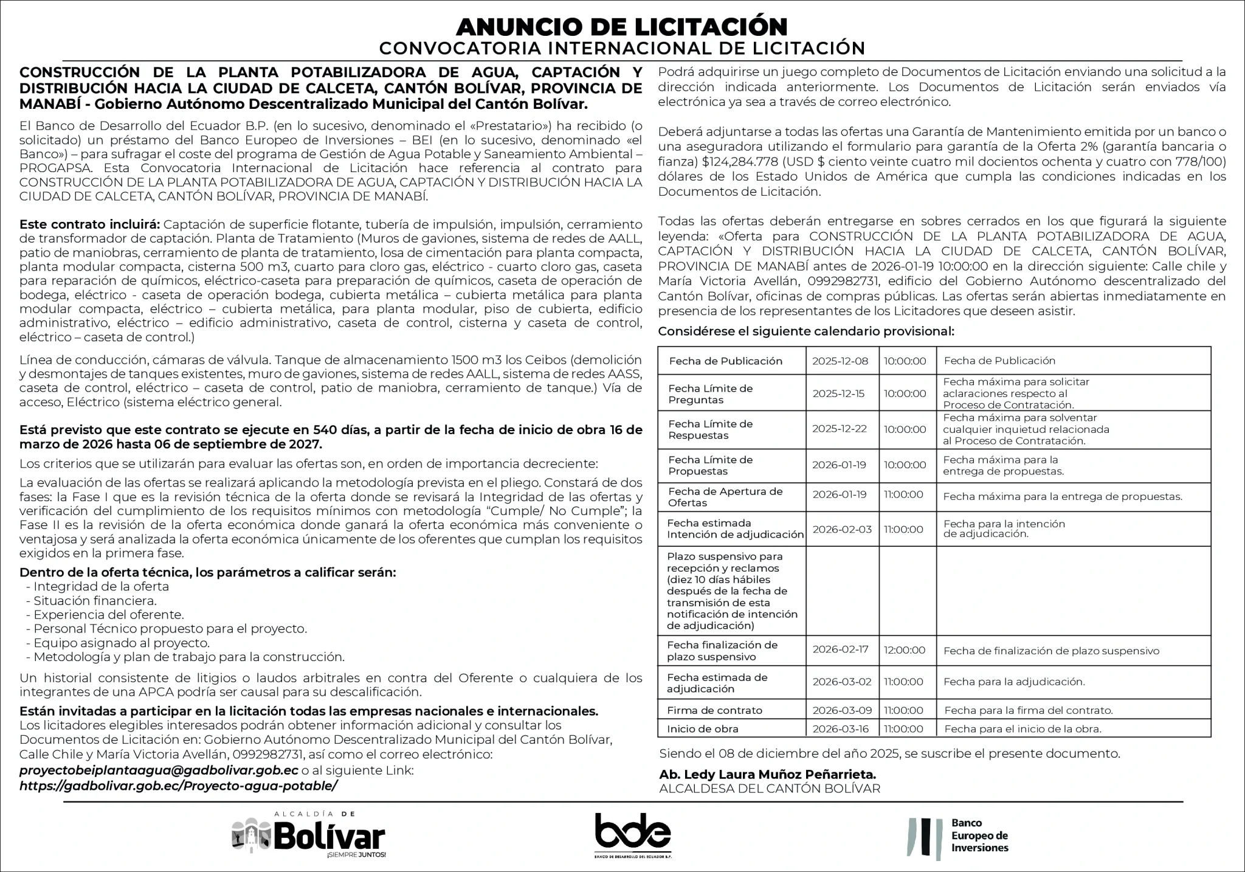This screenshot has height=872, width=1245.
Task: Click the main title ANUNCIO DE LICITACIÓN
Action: (622, 26)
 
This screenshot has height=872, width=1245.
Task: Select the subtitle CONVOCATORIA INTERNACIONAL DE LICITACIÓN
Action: (622, 48)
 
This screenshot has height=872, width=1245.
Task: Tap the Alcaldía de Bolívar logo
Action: (309, 836)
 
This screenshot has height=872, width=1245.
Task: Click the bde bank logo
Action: (632, 834)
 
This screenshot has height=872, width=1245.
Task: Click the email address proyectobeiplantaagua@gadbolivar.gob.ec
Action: (159, 770)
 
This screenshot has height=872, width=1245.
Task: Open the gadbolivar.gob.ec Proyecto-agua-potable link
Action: (178, 785)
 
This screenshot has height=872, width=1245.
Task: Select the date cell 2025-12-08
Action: (840, 361)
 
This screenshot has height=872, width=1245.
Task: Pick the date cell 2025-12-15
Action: (838, 393)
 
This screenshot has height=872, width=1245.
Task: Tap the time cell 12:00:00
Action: (905, 650)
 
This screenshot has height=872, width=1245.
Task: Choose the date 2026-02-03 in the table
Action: (842, 530)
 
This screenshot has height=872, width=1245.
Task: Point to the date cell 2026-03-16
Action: (841, 729)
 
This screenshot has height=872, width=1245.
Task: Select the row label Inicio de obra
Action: (702, 729)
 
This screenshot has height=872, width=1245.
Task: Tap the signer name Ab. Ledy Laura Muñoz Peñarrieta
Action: (767, 775)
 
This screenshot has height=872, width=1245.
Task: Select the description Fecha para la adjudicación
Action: (1014, 682)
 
